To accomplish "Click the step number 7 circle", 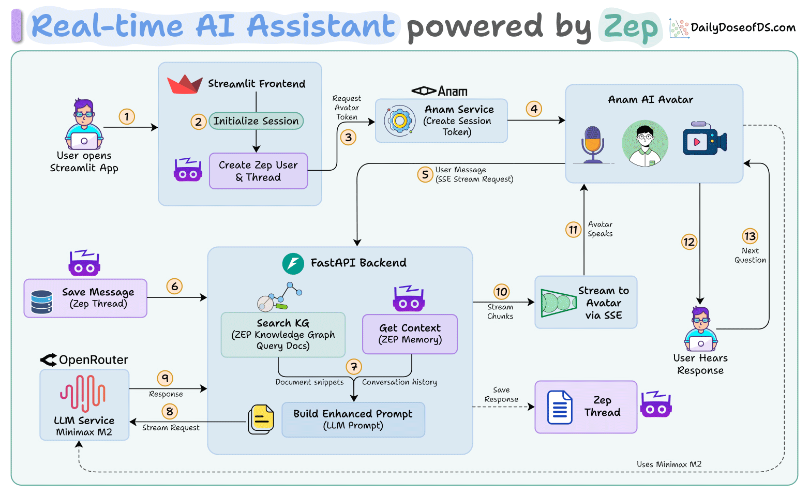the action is tap(354, 367).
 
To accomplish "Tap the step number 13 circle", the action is tap(750, 236).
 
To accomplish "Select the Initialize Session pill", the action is tap(256, 121).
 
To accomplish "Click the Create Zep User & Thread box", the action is tap(258, 171).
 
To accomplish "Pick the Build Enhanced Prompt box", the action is tap(353, 419).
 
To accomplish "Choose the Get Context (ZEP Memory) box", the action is tap(410, 334).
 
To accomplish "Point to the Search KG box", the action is tap(283, 335).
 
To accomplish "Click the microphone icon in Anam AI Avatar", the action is tap(593, 144).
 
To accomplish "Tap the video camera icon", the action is tap(705, 139).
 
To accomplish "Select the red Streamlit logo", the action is tap(185, 84).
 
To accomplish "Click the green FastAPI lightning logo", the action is tap(293, 264).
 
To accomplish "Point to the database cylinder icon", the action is tap(42, 302).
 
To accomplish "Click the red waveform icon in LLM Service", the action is tap(83, 394).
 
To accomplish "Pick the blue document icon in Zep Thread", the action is tap(560, 407).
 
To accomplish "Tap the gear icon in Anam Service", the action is tap(400, 121).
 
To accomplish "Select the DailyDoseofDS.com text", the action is tap(743, 28).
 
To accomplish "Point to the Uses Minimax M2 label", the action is tap(669, 464).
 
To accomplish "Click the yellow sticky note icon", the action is tap(261, 419).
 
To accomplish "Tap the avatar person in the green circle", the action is tap(645, 144).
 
